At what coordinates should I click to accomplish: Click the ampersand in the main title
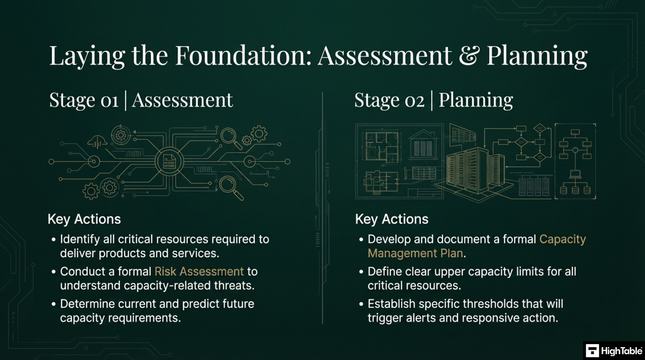tap(468, 55)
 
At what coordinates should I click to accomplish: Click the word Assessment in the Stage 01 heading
tap(182, 100)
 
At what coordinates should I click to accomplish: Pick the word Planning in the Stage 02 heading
tap(476, 101)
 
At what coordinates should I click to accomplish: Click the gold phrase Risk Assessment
tap(199, 271)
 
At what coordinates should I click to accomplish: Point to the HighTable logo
tap(614, 351)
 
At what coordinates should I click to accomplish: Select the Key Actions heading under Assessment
tap(84, 219)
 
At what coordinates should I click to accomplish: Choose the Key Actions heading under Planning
tap(392, 219)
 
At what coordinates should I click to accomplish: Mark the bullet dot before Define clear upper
tap(361, 272)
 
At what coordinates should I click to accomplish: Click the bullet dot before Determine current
tap(54, 305)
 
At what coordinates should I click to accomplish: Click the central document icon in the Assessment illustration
tap(169, 161)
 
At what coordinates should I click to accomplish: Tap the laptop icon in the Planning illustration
tap(575, 174)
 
